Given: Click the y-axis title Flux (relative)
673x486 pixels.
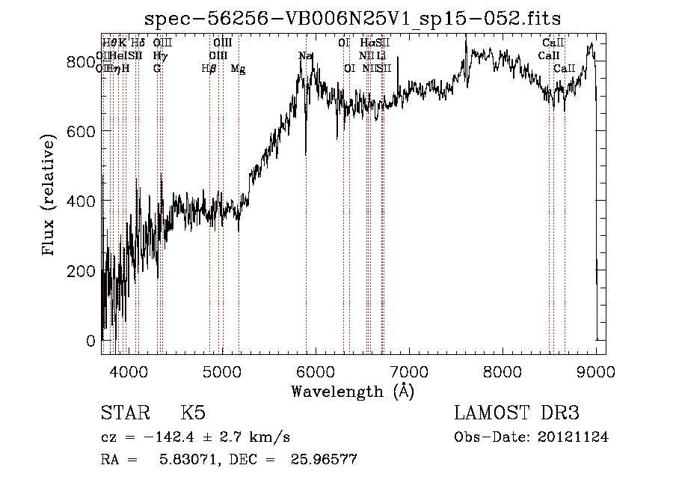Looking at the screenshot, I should (x=49, y=196).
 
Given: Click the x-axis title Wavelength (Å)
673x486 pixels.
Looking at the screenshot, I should (x=353, y=391).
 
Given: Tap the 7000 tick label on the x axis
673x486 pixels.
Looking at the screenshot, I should (x=408, y=371).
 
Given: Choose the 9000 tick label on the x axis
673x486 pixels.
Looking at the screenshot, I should (x=595, y=371).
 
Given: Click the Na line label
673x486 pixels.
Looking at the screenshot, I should (x=305, y=56).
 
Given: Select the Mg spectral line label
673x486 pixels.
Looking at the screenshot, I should (x=238, y=69).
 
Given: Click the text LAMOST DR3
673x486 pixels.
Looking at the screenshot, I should (x=516, y=413).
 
